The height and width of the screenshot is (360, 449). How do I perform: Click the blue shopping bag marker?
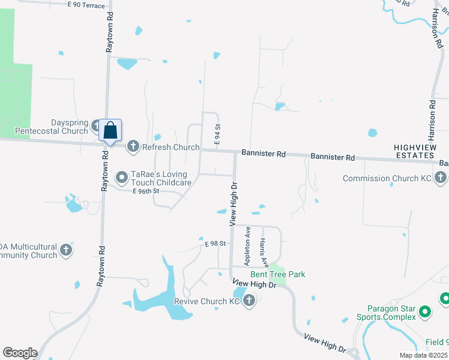[x=110, y=130]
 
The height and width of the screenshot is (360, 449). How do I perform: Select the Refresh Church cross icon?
[x=133, y=146]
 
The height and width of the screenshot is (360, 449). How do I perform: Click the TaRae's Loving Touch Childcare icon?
[x=122, y=176]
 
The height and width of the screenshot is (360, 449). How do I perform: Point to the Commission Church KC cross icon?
[x=440, y=178]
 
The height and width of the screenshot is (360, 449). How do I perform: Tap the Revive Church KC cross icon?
[x=249, y=301]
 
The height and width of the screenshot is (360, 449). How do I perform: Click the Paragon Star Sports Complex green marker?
[x=425, y=311]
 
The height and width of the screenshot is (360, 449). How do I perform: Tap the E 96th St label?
[x=146, y=191]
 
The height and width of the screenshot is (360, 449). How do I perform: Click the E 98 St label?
[x=214, y=244]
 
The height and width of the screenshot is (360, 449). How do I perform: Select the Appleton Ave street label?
[x=247, y=245]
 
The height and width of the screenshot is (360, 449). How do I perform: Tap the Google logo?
[x=20, y=353]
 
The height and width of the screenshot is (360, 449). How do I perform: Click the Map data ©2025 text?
[x=424, y=355]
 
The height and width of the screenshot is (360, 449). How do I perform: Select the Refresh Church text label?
[x=170, y=147]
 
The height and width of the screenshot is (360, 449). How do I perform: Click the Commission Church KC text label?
[x=388, y=178]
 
